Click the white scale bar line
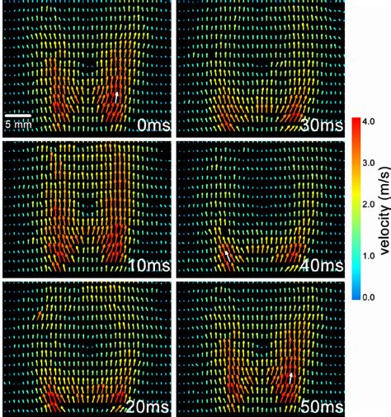[x=19, y=114]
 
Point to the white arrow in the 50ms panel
[x=290, y=378]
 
